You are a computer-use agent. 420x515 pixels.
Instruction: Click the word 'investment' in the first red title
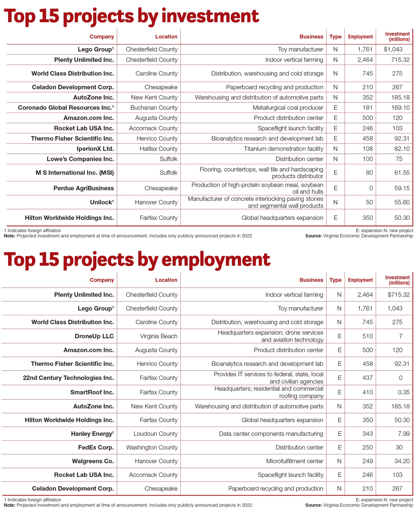coord(210,16)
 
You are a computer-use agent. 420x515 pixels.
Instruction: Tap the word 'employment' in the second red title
coord(215,260)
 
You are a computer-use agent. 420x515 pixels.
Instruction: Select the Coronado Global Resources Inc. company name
coord(66,108)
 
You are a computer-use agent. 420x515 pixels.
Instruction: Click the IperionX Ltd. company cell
coord(95,149)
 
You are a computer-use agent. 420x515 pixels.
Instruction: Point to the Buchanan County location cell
coord(154,108)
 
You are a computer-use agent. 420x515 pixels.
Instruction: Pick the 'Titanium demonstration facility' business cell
coord(283,149)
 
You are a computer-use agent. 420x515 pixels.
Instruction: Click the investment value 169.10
coord(401,108)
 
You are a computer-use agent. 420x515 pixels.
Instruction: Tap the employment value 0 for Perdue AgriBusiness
coord(371,188)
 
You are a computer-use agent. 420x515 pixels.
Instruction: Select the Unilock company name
coord(102,202)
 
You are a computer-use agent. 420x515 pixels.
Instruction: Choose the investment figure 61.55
coord(402,173)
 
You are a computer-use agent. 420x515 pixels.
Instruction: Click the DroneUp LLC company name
coord(94,336)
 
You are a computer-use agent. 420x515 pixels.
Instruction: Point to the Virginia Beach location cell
coord(159,336)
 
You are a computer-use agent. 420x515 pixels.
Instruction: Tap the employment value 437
coord(367,378)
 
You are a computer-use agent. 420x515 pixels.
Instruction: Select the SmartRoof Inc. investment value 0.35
coord(404,392)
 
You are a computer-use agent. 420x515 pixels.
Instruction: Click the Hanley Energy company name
coord(93,434)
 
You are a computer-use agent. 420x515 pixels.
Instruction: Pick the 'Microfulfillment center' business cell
coord(295,461)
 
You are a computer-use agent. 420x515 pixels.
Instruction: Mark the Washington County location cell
coord(152,447)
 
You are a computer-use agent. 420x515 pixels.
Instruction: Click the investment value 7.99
coord(404,434)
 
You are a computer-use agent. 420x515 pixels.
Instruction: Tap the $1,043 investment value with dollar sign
coord(393,49)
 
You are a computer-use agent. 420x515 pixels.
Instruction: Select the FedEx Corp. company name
coord(96,447)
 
